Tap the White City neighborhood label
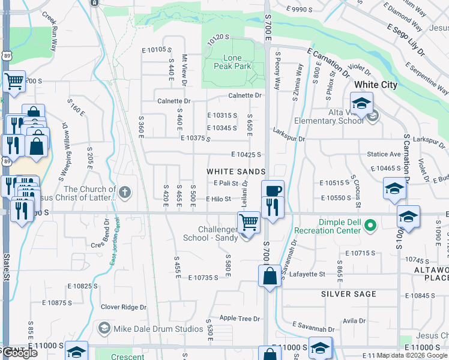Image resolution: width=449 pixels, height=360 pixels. [x=375, y=85]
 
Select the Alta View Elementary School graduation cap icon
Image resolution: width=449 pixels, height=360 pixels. [x=362, y=103]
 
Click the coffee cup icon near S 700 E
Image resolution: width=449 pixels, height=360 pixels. [x=273, y=190]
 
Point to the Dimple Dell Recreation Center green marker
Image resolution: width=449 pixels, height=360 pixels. [x=371, y=226]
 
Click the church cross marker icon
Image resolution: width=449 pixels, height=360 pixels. [x=124, y=193]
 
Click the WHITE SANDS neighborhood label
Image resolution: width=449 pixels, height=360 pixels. [x=236, y=172]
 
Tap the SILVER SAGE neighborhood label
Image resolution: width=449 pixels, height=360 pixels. [x=348, y=294]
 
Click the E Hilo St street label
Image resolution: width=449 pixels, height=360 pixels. [x=218, y=199]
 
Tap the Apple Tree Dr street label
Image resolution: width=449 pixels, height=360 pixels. [x=240, y=319]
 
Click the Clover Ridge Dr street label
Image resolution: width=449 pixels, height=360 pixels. [x=124, y=307]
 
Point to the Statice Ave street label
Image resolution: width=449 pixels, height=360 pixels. [x=384, y=154]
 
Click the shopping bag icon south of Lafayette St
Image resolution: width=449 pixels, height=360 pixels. [x=270, y=277]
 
